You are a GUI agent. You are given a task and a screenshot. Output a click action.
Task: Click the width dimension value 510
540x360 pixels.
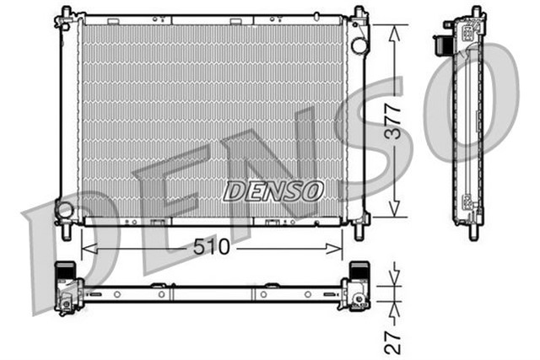(x=212, y=250)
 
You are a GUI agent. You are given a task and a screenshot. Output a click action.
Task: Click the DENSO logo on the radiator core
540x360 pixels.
(x=273, y=191)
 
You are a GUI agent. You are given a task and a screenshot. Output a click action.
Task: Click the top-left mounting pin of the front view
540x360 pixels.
(x=64, y=14)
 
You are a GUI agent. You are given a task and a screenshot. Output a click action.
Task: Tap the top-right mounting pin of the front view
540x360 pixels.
(x=359, y=13)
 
